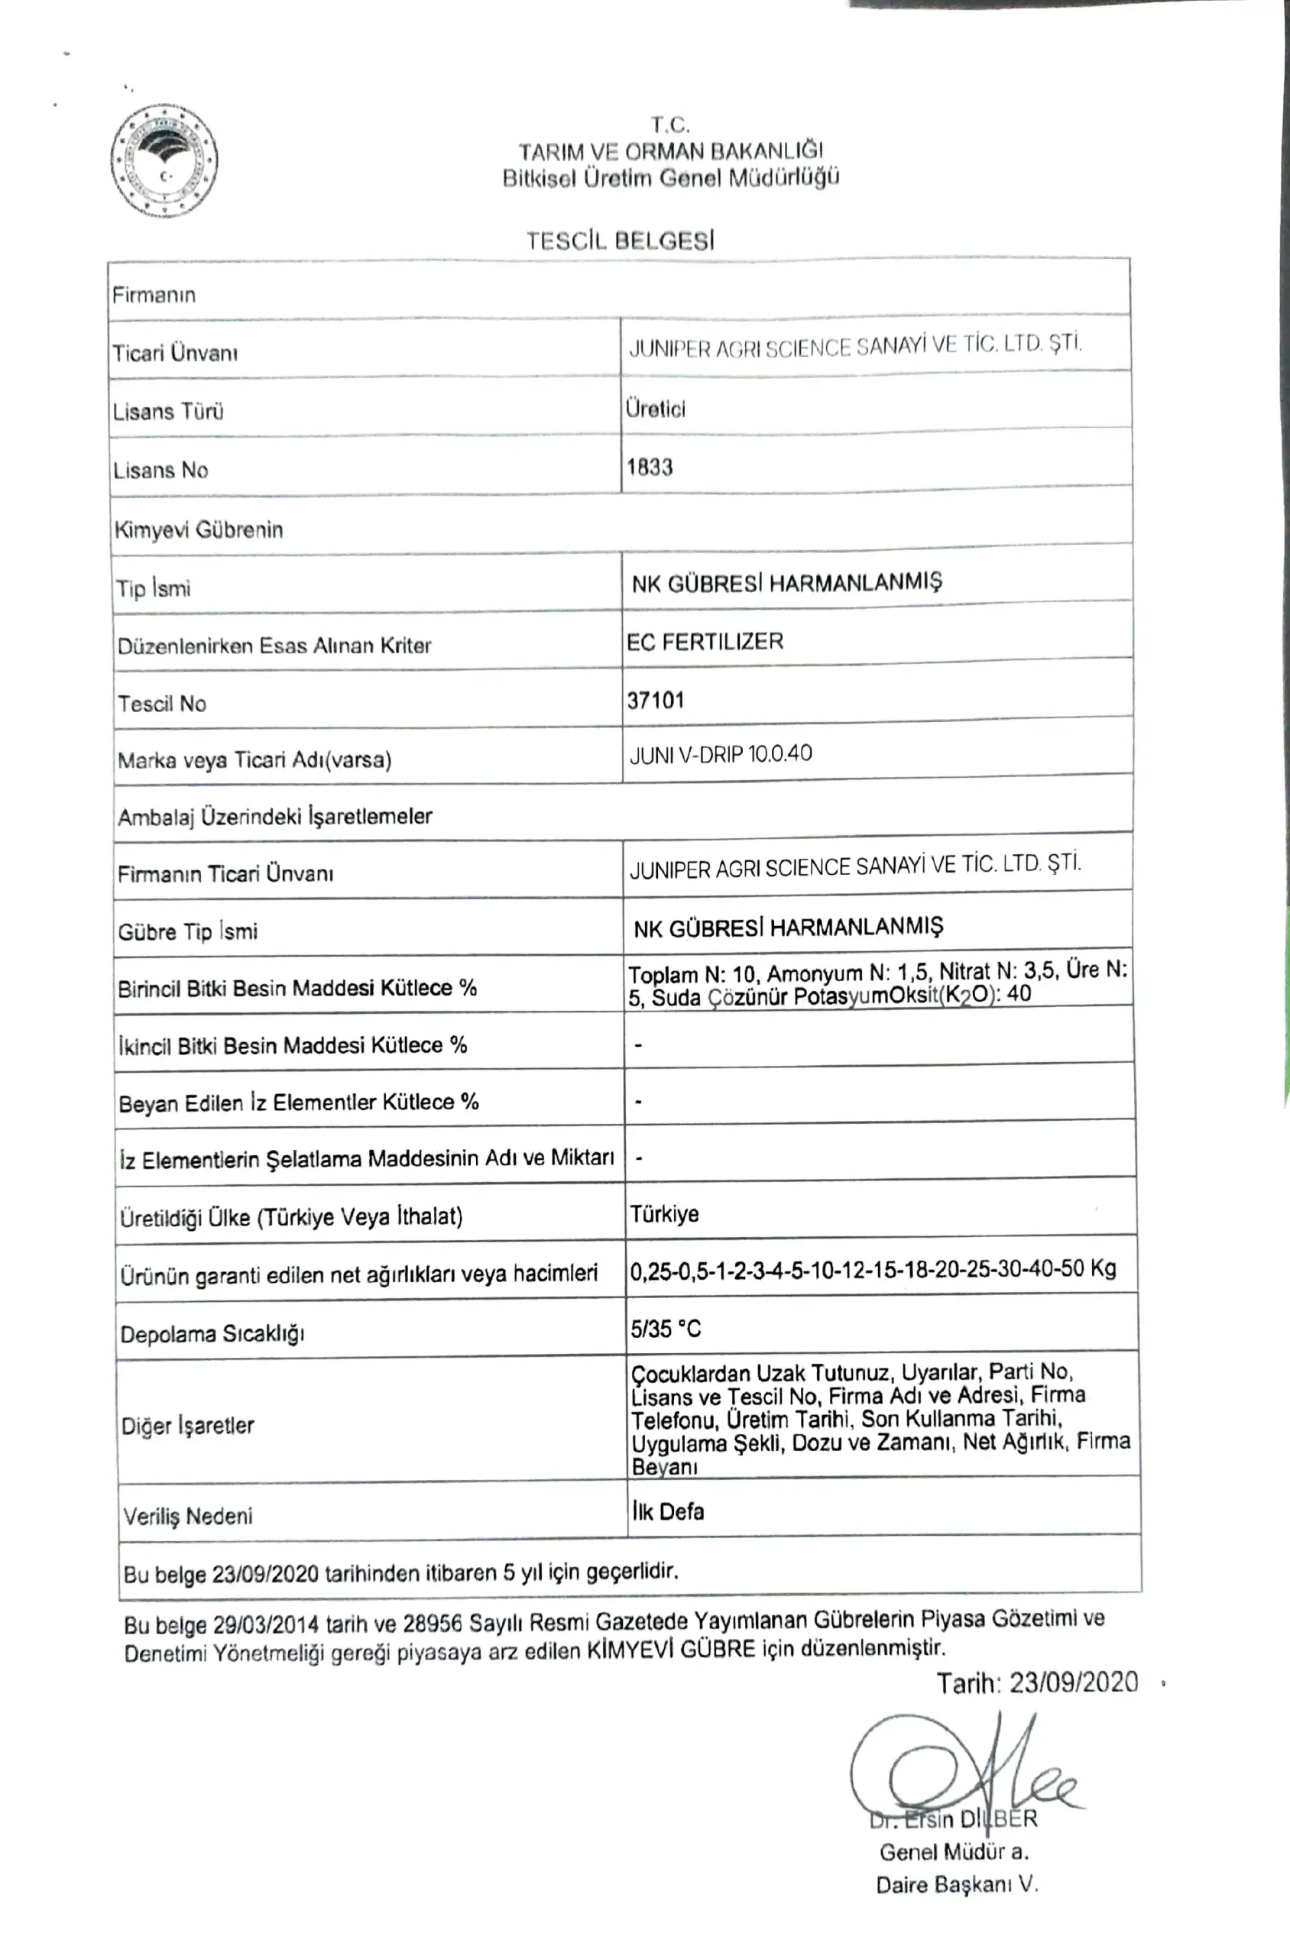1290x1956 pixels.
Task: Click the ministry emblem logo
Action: pyautogui.click(x=164, y=161)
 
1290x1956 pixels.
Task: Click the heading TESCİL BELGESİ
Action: pyautogui.click(x=621, y=241)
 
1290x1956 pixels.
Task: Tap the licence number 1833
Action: pyautogui.click(x=649, y=467)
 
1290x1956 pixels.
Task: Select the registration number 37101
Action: pyautogui.click(x=655, y=700)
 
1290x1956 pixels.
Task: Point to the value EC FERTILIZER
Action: pyautogui.click(x=705, y=642)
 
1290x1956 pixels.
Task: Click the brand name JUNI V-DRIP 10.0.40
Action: pyautogui.click(x=720, y=754)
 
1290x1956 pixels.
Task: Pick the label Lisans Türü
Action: pyautogui.click(x=168, y=411)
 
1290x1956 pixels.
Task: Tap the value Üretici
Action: pyautogui.click(x=655, y=409)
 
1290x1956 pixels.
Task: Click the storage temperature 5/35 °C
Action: pyautogui.click(x=666, y=1329)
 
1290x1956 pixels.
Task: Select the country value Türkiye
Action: pyautogui.click(x=664, y=1214)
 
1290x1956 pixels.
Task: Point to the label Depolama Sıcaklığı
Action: pyautogui.click(x=212, y=1333)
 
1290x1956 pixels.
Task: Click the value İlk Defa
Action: pyautogui.click(x=668, y=1511)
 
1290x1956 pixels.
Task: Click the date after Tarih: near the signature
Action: pyautogui.click(x=1074, y=1683)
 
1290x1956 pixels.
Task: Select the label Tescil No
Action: pyautogui.click(x=161, y=703)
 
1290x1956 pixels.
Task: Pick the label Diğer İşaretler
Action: pyautogui.click(x=187, y=1426)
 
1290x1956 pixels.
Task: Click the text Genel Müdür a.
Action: pyautogui.click(x=954, y=1852)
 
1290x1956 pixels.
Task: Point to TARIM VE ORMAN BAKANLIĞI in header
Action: pyautogui.click(x=669, y=151)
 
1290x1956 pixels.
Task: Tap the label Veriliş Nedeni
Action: pyautogui.click(x=187, y=1515)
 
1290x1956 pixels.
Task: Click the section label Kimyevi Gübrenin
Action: pyautogui.click(x=198, y=529)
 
